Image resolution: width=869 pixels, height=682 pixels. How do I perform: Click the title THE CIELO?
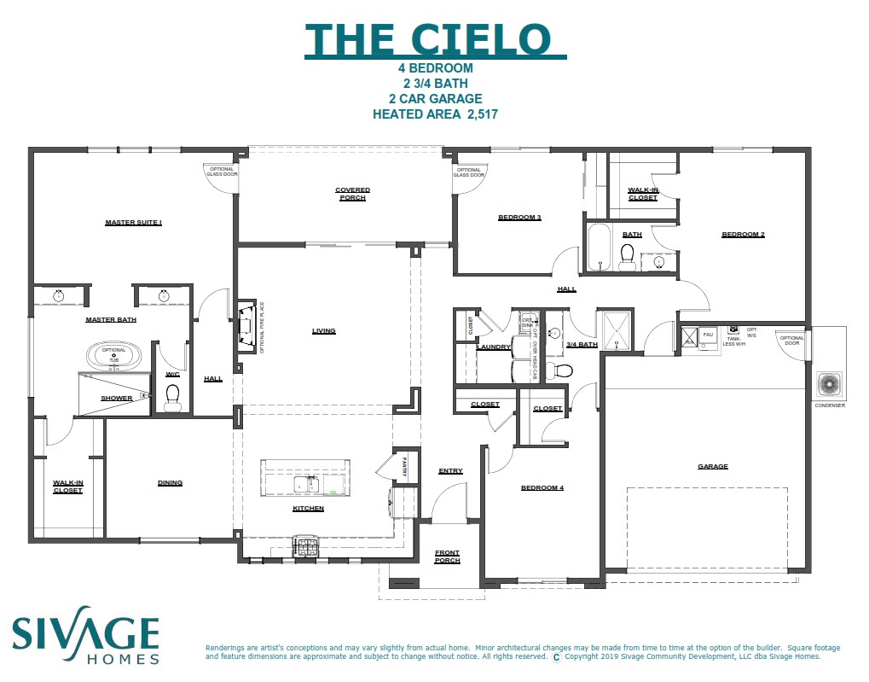coord(435,39)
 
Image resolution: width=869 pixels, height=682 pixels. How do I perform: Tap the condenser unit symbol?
coord(829,385)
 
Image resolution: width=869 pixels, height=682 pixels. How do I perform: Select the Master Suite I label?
coord(133,223)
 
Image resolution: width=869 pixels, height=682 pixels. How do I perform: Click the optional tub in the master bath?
coord(114,354)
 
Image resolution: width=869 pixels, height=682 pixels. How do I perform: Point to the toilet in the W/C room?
coord(173,394)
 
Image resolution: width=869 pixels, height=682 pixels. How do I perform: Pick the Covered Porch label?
coord(351,194)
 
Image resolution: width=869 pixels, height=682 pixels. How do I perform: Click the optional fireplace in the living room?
coord(246,326)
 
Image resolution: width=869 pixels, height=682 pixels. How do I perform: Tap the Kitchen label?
coord(308,509)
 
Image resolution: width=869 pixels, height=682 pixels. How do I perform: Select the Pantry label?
coord(402,468)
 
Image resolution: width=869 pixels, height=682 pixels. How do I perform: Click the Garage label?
coord(713,467)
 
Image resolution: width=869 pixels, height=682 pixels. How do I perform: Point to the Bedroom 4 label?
coord(542,488)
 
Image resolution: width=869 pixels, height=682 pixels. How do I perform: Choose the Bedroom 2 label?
coord(743,235)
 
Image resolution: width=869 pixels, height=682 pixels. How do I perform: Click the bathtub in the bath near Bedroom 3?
coord(599,248)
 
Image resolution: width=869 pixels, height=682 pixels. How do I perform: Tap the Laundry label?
coord(494,347)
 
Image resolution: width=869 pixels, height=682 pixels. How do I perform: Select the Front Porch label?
coord(447,557)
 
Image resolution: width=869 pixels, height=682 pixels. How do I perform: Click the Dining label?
coord(170,483)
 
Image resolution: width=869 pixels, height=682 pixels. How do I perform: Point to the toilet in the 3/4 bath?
coord(563,370)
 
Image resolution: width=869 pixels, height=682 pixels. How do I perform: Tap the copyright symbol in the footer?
coord(557,657)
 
